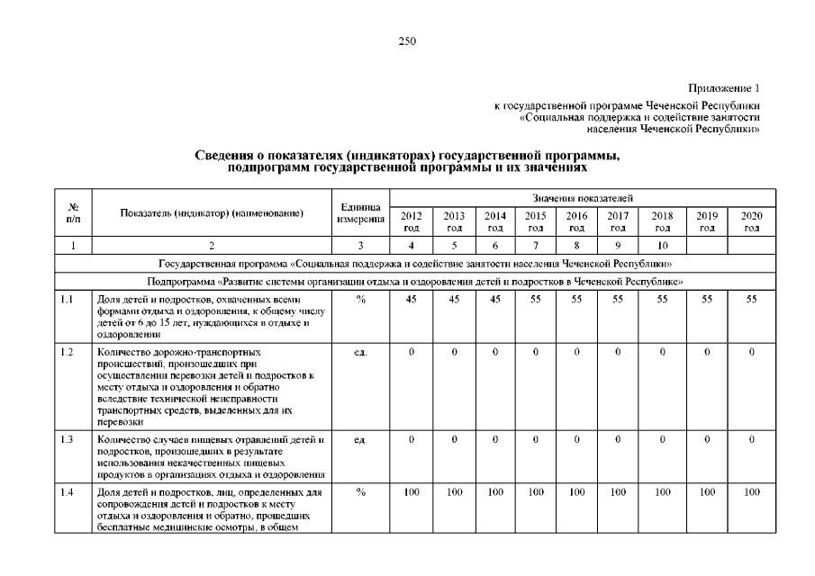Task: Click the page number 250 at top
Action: pos(407,40)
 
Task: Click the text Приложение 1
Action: pos(724,88)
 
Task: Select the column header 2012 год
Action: pos(411,220)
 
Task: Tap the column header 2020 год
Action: pos(751,220)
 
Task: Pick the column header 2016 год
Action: pos(576,220)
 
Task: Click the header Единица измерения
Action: pos(360,213)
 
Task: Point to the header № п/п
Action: pos(73,213)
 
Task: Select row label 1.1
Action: pos(68,299)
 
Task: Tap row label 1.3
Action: pos(68,440)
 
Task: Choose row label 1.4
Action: pos(68,492)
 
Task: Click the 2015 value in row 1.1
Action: pos(535,299)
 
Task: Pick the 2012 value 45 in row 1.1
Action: pos(411,299)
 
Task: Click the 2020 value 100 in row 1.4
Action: pos(751,492)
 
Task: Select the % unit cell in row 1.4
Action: pos(360,492)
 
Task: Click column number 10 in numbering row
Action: pos(662,245)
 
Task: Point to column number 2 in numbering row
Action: pos(212,245)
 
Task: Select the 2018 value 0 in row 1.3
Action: pos(662,440)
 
